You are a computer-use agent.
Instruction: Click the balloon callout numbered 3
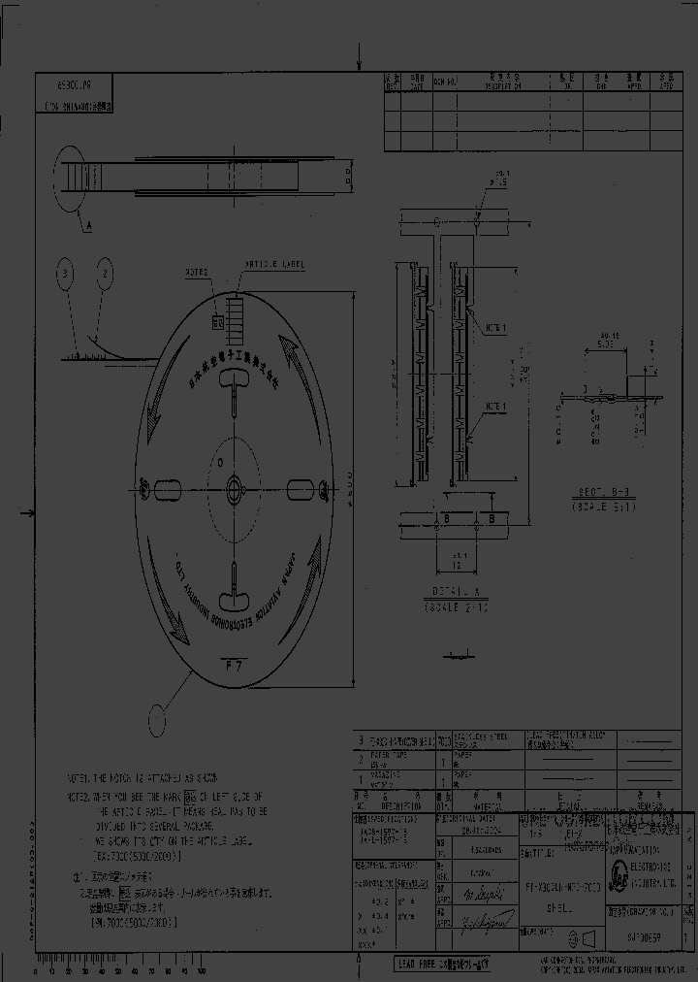point(64,277)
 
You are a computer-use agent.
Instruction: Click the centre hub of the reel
point(236,485)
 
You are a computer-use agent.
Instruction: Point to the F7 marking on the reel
point(233,665)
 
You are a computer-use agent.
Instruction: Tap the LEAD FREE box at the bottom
point(444,964)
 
